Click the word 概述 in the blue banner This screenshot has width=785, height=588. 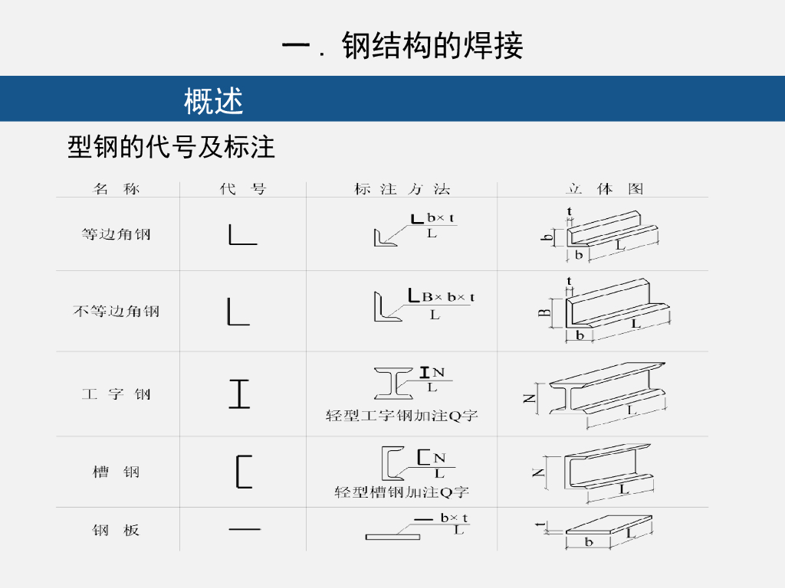(x=214, y=100)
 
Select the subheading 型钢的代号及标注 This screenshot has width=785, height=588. (x=171, y=147)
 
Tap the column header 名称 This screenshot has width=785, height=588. (x=117, y=188)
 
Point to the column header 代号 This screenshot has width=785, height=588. (x=242, y=188)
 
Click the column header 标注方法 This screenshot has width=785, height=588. (x=402, y=188)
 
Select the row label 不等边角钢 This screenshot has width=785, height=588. (x=117, y=312)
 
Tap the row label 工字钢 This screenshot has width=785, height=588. (x=117, y=395)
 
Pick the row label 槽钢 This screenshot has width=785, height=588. (x=117, y=472)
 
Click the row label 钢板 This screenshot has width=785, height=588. (x=117, y=530)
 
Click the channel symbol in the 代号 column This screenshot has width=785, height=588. (x=243, y=472)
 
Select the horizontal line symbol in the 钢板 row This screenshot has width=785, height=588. (x=245, y=529)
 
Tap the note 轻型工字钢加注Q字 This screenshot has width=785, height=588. (x=402, y=416)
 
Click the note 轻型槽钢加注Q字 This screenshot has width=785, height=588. (x=402, y=492)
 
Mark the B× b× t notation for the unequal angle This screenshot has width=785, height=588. (x=448, y=297)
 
